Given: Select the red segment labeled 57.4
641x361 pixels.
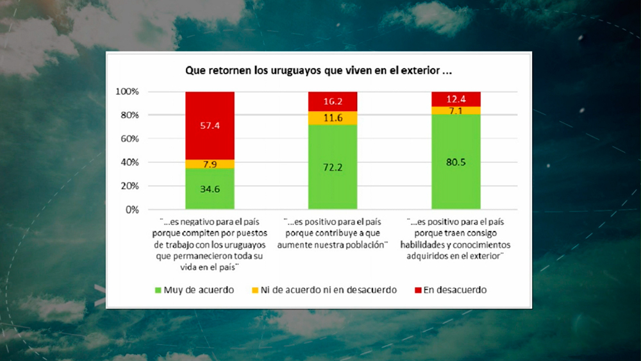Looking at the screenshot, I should coord(210,126).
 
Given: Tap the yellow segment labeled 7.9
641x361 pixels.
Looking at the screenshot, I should coord(210,164).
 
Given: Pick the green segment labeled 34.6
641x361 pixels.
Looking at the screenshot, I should coord(210,190).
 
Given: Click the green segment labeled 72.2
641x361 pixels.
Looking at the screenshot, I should coord(333,167).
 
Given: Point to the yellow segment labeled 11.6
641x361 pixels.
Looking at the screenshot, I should coord(333,118).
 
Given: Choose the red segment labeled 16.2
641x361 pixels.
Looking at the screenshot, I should coord(333,101).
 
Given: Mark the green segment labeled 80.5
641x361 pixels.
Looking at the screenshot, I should coord(456,162).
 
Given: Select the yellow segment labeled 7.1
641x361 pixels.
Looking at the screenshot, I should coord(456,110).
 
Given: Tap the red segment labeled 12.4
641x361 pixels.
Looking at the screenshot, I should coord(456,99).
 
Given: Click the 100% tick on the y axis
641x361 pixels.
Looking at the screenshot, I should coord(127,92).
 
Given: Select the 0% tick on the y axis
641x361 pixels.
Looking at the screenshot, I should coord(131,210).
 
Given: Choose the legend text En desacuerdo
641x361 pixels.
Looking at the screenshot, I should coord(454,290).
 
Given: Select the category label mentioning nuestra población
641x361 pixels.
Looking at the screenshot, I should coord(333,233).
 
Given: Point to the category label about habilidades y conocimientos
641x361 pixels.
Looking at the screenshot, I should coord(456,237).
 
